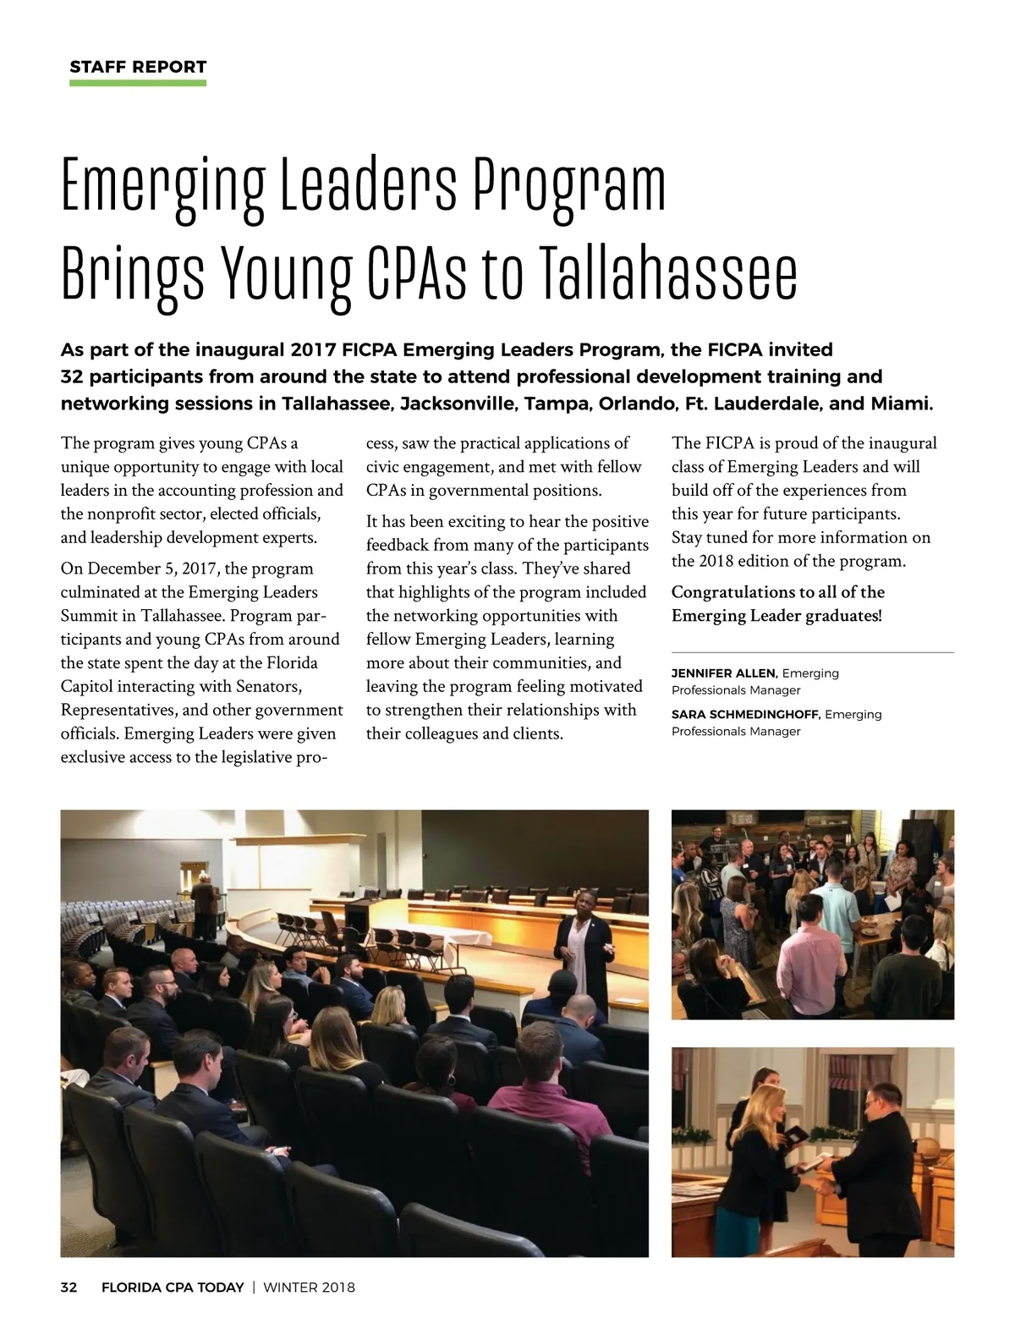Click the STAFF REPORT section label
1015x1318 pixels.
click(x=138, y=67)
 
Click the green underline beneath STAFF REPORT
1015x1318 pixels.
click(x=138, y=83)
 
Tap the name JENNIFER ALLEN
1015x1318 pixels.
click(x=723, y=673)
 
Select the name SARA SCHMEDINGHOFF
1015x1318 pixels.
click(x=744, y=715)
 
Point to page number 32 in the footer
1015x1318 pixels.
click(x=69, y=1288)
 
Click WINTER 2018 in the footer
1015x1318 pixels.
click(x=310, y=1288)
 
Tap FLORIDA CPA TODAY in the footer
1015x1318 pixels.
click(x=173, y=1288)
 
